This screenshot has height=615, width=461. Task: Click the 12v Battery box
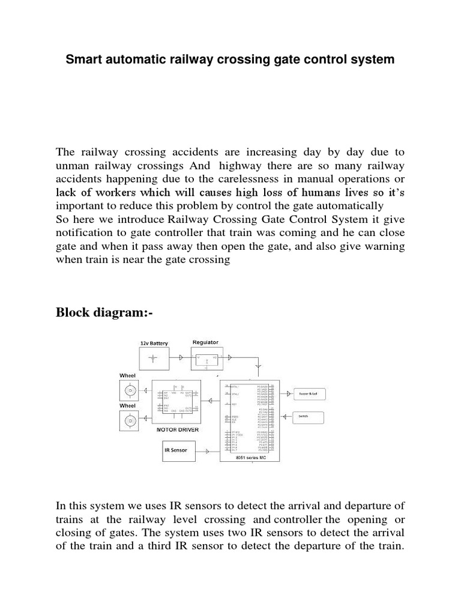154,359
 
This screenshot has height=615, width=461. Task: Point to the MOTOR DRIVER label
178,430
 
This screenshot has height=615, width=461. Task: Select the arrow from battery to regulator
182,359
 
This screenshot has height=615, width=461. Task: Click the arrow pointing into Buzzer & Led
288,393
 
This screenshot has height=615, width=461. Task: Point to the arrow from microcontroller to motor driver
210,401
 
